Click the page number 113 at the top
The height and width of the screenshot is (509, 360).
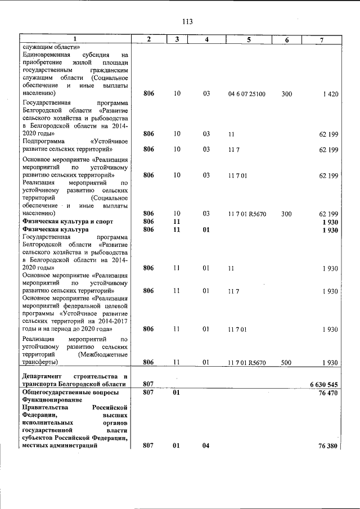187,22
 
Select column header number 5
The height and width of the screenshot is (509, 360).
248,39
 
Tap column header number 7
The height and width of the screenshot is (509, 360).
321,39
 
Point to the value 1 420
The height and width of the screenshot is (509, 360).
330,94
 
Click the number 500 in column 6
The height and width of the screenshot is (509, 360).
286,363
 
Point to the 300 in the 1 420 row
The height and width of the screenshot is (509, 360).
286,94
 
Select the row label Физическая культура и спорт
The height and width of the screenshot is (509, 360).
63,222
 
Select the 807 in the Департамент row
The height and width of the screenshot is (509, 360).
148,384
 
